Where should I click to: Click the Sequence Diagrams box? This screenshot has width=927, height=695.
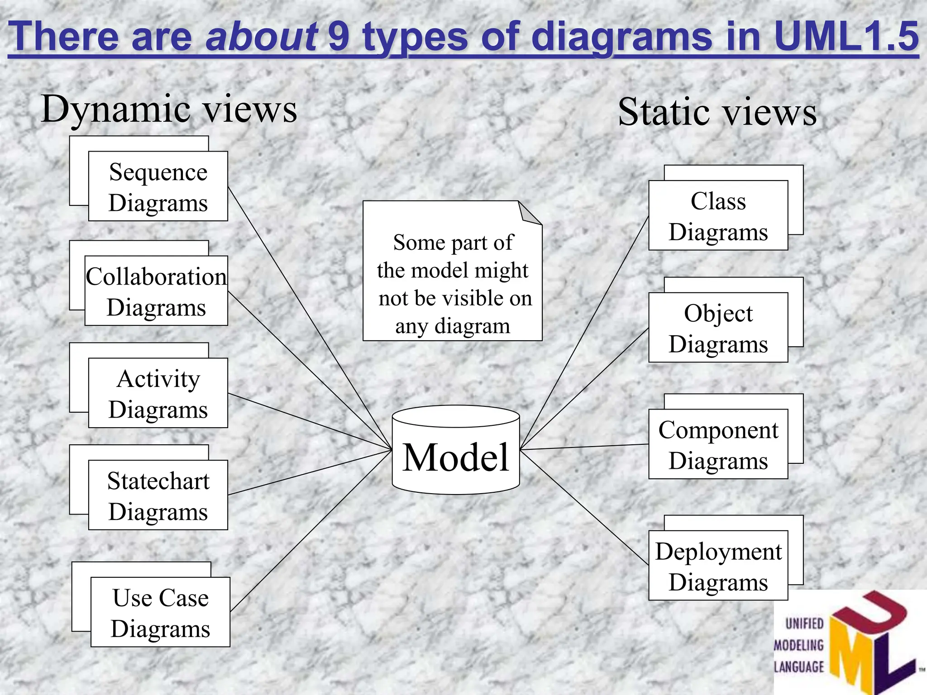tap(158, 186)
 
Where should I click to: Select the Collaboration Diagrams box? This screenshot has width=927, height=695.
tap(156, 291)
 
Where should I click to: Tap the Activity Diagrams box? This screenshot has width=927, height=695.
tap(158, 393)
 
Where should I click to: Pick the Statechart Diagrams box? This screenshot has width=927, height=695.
tap(158, 495)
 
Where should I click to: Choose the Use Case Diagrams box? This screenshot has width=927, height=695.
tap(160, 612)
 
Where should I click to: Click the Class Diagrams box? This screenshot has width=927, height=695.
tap(718, 216)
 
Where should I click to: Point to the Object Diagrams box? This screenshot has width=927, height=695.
tap(718, 328)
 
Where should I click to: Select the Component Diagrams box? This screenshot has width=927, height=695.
tap(718, 445)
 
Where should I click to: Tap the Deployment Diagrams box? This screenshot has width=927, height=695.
tap(718, 566)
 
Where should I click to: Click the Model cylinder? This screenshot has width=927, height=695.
tap(456, 457)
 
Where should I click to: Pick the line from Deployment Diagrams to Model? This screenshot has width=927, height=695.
tap(584, 507)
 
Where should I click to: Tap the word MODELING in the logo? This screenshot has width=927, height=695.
tap(799, 645)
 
